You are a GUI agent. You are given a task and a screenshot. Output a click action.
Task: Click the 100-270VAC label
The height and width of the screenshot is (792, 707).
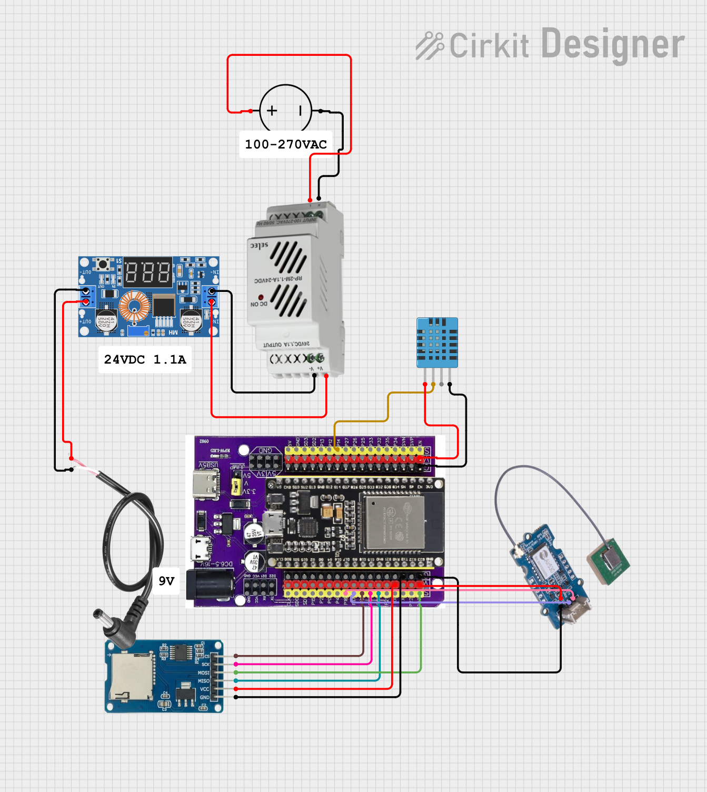click(286, 144)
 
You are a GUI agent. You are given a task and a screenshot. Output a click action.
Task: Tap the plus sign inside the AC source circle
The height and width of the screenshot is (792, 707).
click(272, 111)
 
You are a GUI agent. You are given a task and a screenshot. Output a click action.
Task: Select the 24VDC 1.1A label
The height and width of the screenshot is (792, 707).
click(145, 359)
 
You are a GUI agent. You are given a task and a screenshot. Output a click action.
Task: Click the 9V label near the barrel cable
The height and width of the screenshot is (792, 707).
click(166, 581)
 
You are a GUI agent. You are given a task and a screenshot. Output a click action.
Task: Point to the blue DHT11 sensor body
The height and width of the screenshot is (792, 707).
click(437, 342)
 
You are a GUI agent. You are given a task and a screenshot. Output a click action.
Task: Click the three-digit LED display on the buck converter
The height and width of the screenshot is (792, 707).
click(148, 272)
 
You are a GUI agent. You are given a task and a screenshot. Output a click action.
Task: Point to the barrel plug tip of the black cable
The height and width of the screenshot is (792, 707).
click(98, 614)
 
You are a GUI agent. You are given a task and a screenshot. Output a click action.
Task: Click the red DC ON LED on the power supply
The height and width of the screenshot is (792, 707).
click(261, 298)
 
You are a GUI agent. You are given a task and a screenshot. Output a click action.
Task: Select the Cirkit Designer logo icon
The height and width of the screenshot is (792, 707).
click(430, 45)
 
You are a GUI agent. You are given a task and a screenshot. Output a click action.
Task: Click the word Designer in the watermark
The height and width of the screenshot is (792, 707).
click(613, 44)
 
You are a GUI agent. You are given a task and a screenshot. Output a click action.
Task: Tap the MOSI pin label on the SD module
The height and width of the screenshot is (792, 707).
click(204, 673)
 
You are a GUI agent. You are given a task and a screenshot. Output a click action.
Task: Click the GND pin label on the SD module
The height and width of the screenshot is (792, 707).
click(204, 698)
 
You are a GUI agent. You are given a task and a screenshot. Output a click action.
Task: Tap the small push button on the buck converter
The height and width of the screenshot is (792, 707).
click(103, 263)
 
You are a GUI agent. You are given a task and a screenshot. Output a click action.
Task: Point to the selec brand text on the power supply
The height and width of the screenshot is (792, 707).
click(259, 245)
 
